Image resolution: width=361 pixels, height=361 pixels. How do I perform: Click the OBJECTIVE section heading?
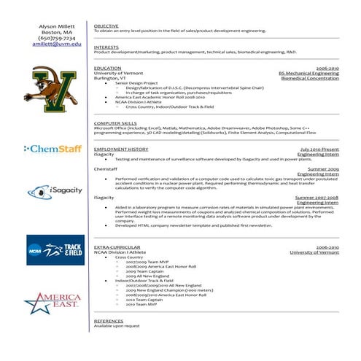pos(106,26)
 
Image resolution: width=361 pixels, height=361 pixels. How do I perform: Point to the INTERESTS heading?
pos(106,47)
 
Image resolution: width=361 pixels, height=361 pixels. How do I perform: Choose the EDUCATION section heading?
pos(108,68)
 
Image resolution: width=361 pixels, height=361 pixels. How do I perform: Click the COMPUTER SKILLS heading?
pos(115,124)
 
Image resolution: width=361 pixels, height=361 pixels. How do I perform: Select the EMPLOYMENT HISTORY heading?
pos(121,149)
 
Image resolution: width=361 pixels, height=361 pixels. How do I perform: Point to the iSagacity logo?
pos(53,192)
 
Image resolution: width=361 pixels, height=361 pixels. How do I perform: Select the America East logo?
pos(53,301)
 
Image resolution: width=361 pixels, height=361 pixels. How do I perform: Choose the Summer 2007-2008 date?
pos(317,198)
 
